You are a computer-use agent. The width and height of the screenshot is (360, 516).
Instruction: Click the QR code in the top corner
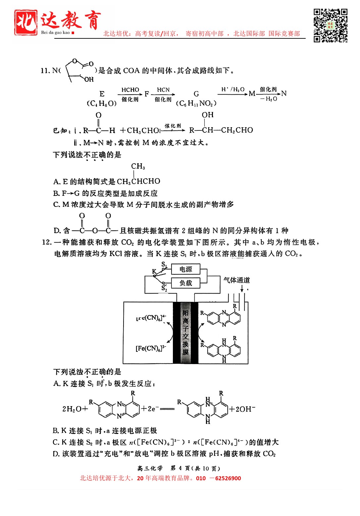coord(330,25)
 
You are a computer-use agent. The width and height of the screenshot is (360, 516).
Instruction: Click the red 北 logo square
coord(26,22)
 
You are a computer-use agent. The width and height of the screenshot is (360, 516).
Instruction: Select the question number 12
coord(47,242)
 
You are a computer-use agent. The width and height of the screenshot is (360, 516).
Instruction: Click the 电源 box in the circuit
coord(186,269)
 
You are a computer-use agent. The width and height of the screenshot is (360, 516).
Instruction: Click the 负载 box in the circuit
coord(186,283)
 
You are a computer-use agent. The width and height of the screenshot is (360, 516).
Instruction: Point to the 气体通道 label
coord(236,280)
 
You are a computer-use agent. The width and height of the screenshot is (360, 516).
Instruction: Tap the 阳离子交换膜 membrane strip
coord(185,333)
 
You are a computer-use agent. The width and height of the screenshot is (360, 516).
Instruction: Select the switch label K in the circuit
coord(154,271)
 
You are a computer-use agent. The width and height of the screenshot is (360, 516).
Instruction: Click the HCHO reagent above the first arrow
coord(130,90)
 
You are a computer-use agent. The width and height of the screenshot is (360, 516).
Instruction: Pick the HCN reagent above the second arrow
coord(163,90)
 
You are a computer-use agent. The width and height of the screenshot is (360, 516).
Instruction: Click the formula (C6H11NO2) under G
coord(196,104)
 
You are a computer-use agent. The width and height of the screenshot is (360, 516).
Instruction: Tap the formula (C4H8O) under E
coord(102,104)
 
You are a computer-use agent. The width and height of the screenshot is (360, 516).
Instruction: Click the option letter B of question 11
coord(56,193)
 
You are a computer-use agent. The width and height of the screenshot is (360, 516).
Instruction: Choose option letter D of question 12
coord(56,454)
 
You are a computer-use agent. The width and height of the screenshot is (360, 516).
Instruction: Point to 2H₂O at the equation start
coord(72,409)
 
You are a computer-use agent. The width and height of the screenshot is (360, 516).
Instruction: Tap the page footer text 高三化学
coord(150,468)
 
